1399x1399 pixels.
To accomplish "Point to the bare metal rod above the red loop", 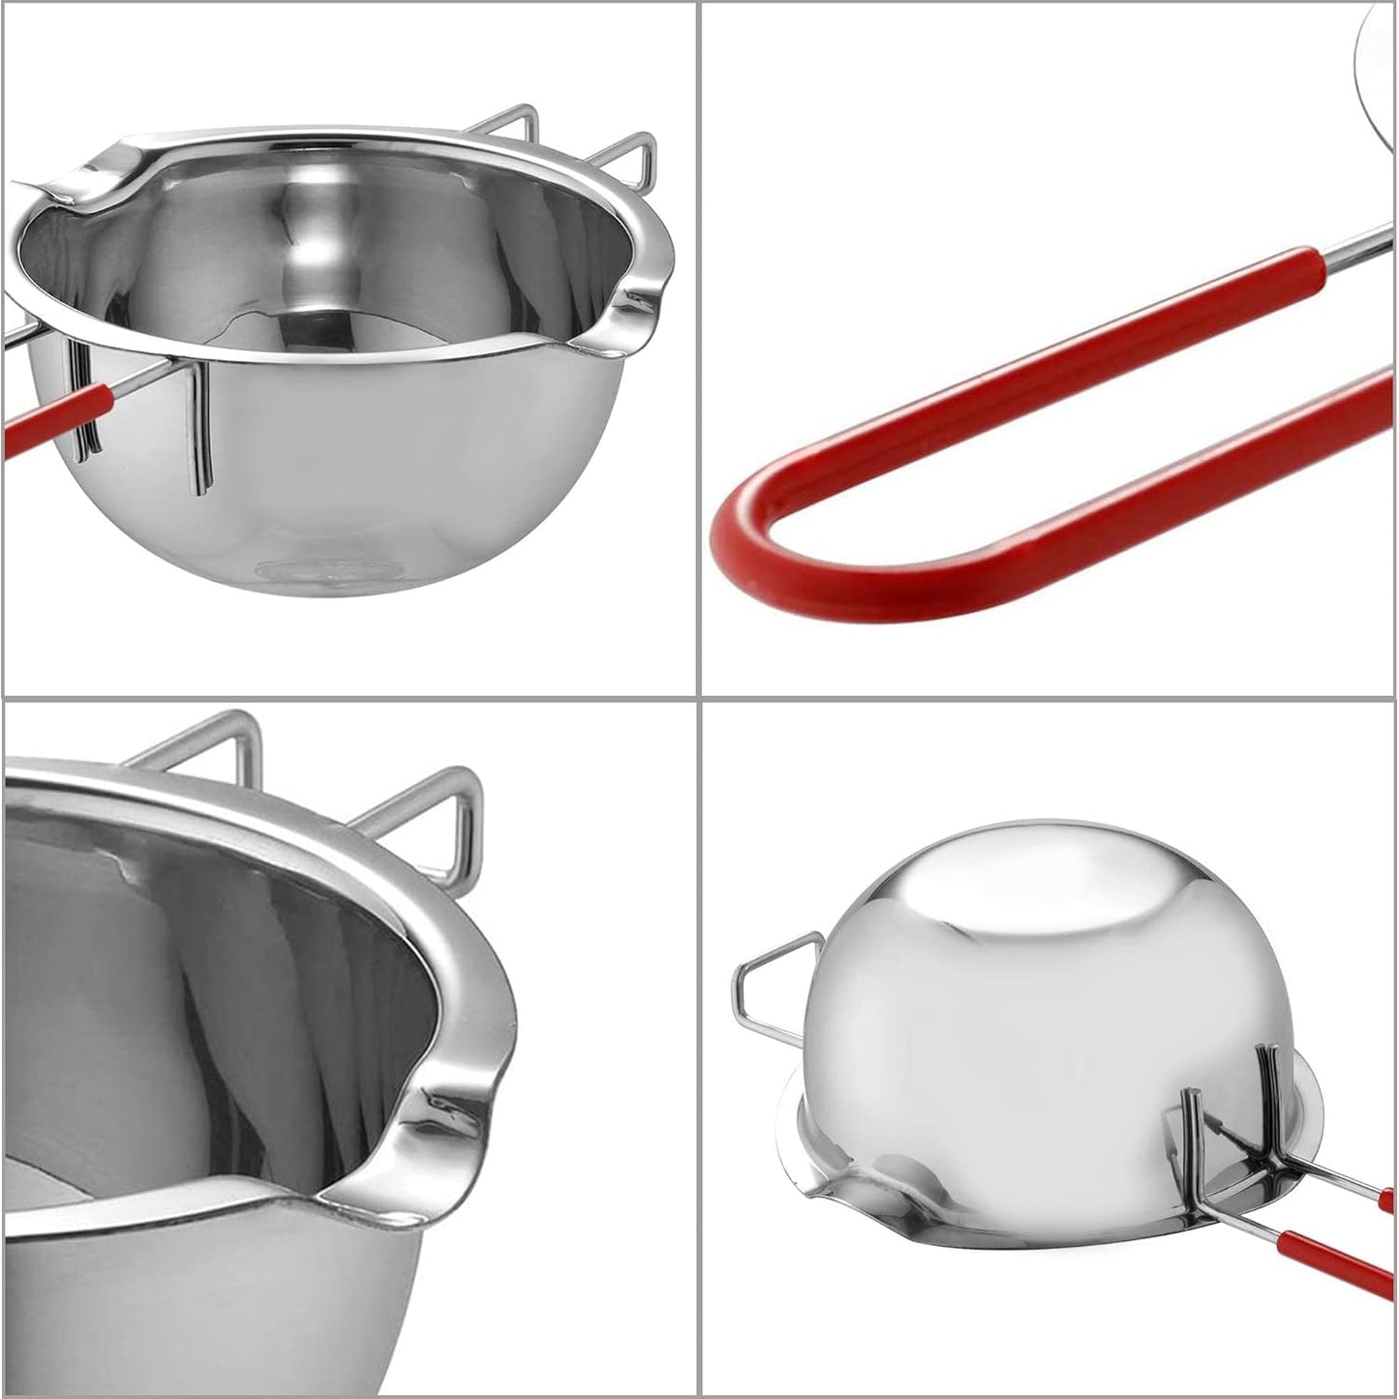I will tap(1355, 237).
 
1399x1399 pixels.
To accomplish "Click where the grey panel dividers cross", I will tap(699, 696).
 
